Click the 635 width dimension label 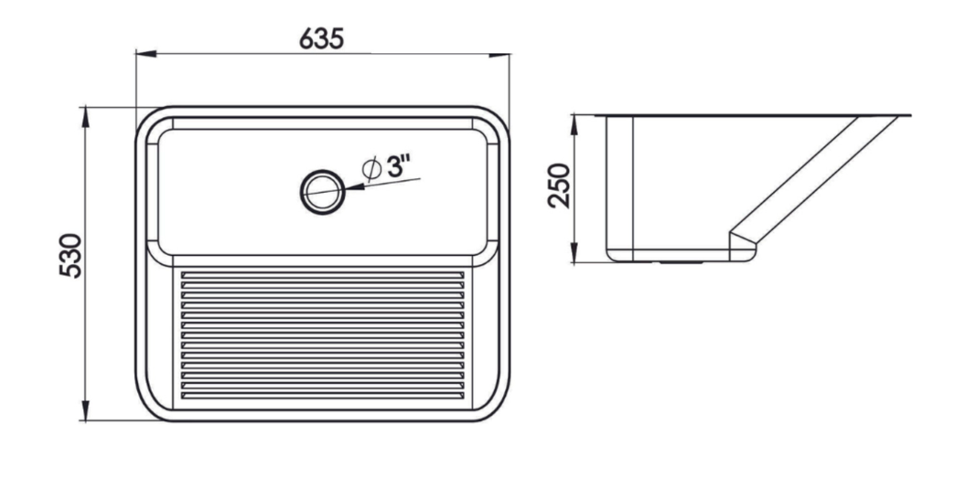322,38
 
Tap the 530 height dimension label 70,256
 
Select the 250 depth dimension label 560,185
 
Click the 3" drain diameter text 399,165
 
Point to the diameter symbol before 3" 371,168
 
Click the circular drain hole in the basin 322,192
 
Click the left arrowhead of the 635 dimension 145,54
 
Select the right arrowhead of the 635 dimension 499,55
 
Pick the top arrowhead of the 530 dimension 85,117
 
